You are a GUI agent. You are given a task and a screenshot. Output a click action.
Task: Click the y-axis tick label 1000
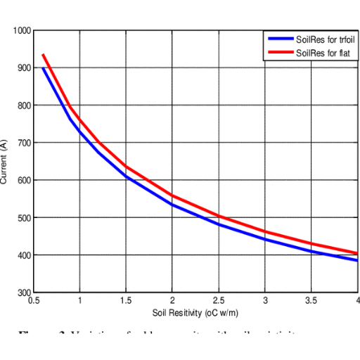click(22, 31)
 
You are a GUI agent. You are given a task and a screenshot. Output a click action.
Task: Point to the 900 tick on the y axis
click(25, 68)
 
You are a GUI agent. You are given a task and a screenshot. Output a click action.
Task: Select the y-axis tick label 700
click(25, 143)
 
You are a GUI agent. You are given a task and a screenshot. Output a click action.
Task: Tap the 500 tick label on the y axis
click(25, 217)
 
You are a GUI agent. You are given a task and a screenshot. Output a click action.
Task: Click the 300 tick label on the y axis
click(25, 292)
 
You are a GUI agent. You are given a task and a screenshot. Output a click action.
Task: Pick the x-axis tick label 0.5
click(34, 300)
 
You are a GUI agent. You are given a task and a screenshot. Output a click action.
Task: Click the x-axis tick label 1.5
click(127, 300)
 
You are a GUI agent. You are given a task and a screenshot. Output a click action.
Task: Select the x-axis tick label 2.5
click(219, 300)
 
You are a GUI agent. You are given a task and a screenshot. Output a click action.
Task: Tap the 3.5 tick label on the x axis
click(311, 300)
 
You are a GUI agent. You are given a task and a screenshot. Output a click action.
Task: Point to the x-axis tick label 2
click(173, 300)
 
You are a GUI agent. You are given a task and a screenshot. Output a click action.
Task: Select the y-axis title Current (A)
click(4, 162)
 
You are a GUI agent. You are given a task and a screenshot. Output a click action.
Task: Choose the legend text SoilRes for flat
click(323, 53)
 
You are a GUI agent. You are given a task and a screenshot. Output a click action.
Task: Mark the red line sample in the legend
click(279, 53)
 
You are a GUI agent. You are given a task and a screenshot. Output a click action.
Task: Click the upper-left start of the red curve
click(43, 54)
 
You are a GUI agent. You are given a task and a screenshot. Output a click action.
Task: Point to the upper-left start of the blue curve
click(43, 67)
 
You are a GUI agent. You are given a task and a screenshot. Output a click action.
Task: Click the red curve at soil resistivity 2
click(173, 195)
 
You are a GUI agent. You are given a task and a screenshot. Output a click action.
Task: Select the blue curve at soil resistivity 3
click(265, 239)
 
